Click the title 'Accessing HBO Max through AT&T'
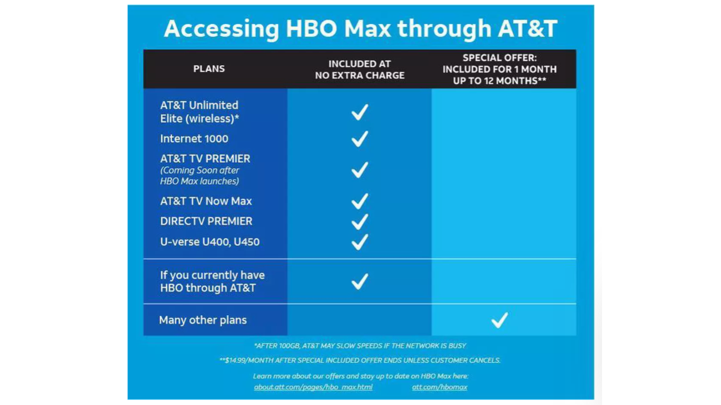pos(360,29)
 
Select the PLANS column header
pos(209,69)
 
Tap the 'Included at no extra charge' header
pos(360,69)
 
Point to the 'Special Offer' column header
pos(500,69)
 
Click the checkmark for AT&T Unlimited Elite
pos(360,112)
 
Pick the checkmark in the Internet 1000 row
pos(360,139)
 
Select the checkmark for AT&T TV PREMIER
pos(360,170)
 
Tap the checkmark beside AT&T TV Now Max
pos(360,201)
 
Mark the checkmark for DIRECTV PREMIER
pos(360,221)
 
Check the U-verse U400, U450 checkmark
pos(360,242)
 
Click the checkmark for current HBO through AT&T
pos(360,281)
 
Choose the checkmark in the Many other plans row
pos(500,320)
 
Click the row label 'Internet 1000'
pos(194,139)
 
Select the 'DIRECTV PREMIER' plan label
pos(206,221)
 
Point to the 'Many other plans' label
pos(203,320)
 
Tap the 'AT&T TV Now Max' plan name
pos(206,201)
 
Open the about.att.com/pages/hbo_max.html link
pos(313,387)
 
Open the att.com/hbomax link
pos(440,387)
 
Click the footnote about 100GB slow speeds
pos(360,346)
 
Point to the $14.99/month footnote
pos(360,360)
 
